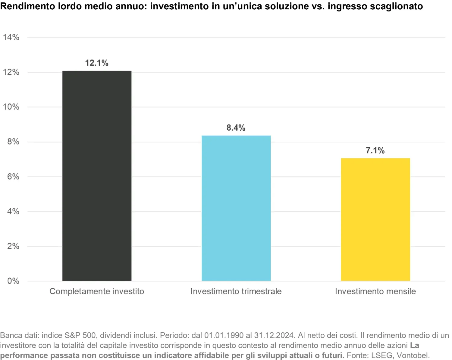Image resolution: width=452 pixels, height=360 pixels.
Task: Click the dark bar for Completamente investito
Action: coord(97,176)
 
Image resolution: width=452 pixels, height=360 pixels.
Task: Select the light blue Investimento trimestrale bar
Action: coord(236,208)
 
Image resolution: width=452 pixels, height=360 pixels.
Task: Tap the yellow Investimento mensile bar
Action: coord(375,220)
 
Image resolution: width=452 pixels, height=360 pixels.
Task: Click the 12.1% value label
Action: coord(97,63)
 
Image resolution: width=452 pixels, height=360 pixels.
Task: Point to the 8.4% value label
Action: coord(236,128)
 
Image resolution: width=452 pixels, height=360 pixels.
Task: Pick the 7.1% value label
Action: coord(375,151)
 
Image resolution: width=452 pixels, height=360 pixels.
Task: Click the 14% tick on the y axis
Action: coord(11,37)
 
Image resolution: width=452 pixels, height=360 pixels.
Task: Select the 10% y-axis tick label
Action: coord(11,107)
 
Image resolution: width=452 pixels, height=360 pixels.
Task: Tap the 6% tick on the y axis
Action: coord(13,177)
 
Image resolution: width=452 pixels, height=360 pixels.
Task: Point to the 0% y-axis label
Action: coord(13,281)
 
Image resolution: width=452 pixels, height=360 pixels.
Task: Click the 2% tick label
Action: coord(13,246)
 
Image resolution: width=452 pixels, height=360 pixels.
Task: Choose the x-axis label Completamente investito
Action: coord(97,291)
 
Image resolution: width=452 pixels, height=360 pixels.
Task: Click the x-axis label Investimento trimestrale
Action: coord(236,291)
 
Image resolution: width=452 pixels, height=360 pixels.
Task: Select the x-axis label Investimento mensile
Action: coord(375,291)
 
